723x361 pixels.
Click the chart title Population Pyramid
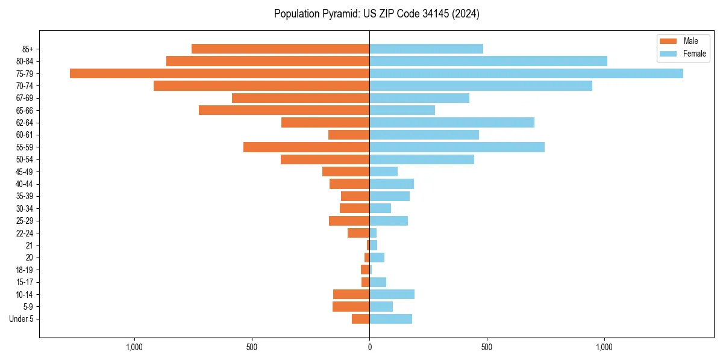point(377,14)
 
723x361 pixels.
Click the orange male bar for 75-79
point(219,73)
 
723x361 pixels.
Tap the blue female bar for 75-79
point(526,73)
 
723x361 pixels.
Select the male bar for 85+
point(280,49)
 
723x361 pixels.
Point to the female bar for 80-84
point(488,61)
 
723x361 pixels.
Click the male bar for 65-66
point(284,110)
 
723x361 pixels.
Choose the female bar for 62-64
point(452,123)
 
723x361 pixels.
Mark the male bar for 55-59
point(306,147)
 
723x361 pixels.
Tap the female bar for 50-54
point(422,159)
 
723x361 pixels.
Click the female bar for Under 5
point(390,319)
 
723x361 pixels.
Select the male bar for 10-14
point(351,294)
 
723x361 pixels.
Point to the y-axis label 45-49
point(24,172)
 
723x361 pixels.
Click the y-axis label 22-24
point(24,233)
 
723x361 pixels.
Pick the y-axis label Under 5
point(21,319)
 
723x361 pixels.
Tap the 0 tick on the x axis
point(369,347)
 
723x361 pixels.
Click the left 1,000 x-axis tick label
point(134,347)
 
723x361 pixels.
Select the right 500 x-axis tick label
point(487,347)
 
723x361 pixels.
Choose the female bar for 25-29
point(389,221)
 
